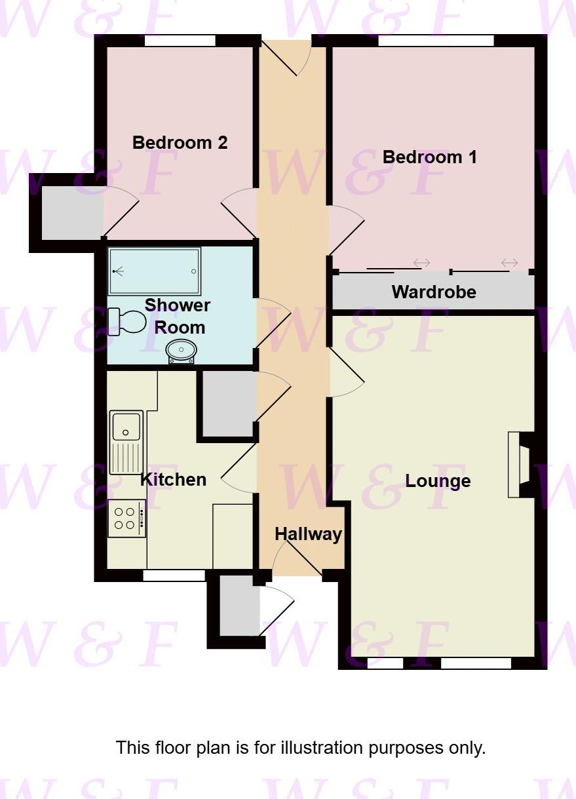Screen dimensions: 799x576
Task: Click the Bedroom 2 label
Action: (x=180, y=143)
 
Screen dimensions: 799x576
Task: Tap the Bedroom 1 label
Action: (x=430, y=157)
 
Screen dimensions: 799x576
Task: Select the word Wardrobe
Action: (x=434, y=292)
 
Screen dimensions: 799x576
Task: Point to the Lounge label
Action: (x=438, y=481)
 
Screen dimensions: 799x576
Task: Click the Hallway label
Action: (x=308, y=534)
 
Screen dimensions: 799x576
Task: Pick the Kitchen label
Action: (x=174, y=480)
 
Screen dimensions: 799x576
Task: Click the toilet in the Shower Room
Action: (x=128, y=321)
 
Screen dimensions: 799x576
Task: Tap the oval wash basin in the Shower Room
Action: (x=180, y=351)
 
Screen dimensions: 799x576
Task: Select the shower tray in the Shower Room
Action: (x=155, y=271)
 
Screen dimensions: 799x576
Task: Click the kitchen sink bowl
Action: (x=126, y=426)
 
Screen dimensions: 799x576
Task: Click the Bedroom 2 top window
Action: (x=180, y=41)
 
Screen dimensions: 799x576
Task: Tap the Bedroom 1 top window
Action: (x=436, y=41)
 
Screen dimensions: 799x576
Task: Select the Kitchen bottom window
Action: (x=174, y=575)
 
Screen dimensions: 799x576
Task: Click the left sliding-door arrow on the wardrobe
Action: (x=421, y=263)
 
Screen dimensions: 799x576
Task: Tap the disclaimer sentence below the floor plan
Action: (x=301, y=748)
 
